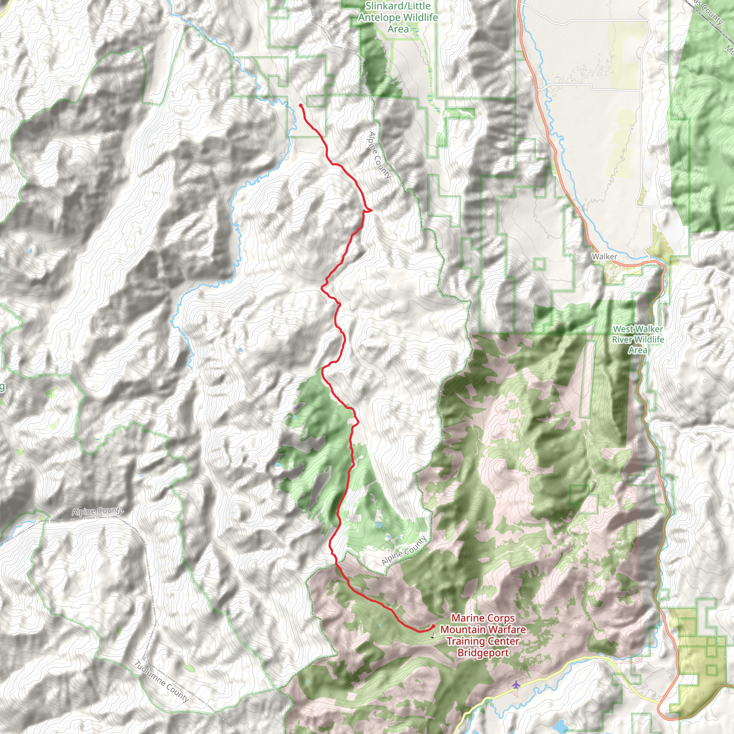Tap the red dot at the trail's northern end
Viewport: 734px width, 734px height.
(x=300, y=105)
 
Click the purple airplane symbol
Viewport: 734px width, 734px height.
(x=515, y=685)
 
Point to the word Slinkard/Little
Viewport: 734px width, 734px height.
(x=398, y=6)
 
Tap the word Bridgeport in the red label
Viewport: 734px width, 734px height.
(x=483, y=653)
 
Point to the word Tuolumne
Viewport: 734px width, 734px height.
(x=150, y=675)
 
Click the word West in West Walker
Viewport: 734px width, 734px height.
(x=623, y=329)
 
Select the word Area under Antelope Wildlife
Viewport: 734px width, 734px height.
(x=398, y=29)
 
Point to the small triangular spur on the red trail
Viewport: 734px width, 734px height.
(x=368, y=210)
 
